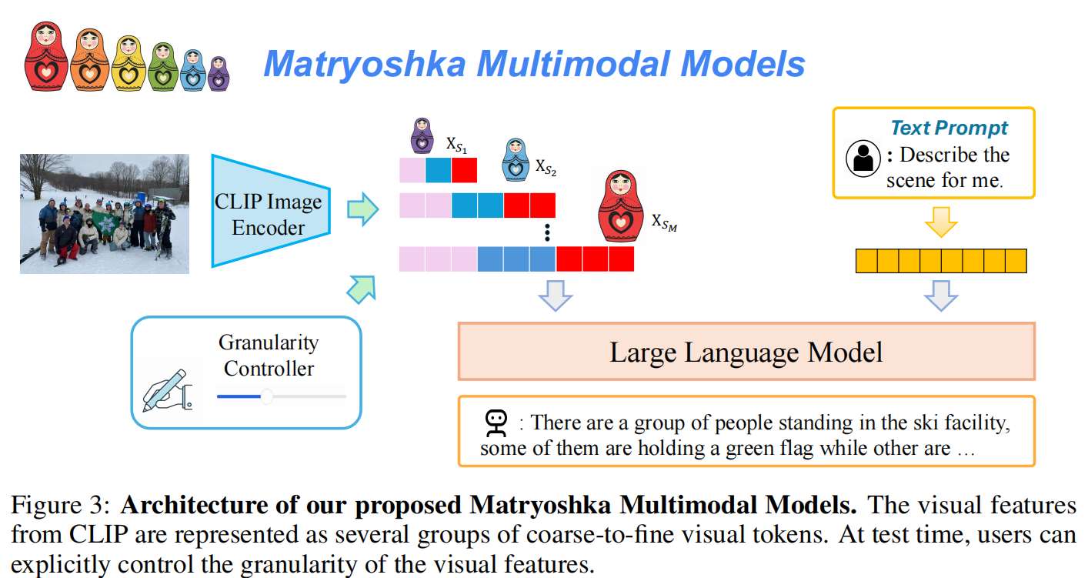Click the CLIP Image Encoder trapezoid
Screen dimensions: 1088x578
pyautogui.click(x=271, y=212)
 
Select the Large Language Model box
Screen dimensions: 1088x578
pyautogui.click(x=746, y=351)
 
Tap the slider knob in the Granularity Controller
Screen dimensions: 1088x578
pyautogui.click(x=267, y=396)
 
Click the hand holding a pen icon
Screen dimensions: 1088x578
pyautogui.click(x=168, y=391)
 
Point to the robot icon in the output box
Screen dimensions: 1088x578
pyautogui.click(x=496, y=423)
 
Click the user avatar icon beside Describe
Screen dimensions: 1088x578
pyautogui.click(x=863, y=159)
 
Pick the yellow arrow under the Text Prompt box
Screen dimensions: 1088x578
pyautogui.click(x=941, y=222)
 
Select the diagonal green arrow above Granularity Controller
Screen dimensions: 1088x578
pyautogui.click(x=362, y=289)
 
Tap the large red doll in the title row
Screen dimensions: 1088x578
pyautogui.click(x=46, y=56)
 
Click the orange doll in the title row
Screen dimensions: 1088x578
pyautogui.click(x=90, y=60)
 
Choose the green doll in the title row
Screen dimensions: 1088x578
pyautogui.click(x=162, y=67)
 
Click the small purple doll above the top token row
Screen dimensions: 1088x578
pyautogui.click(x=422, y=135)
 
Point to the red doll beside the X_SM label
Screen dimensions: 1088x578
pyautogui.click(x=621, y=206)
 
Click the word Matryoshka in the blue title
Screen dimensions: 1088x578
pyautogui.click(x=365, y=64)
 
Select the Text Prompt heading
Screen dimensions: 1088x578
pyautogui.click(x=949, y=128)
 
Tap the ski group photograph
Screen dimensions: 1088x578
pyautogui.click(x=105, y=214)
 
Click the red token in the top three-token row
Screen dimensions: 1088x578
pyautogui.click(x=464, y=170)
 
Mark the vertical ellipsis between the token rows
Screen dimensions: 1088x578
pyautogui.click(x=547, y=232)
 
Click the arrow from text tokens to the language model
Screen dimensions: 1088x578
pyautogui.click(x=941, y=296)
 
